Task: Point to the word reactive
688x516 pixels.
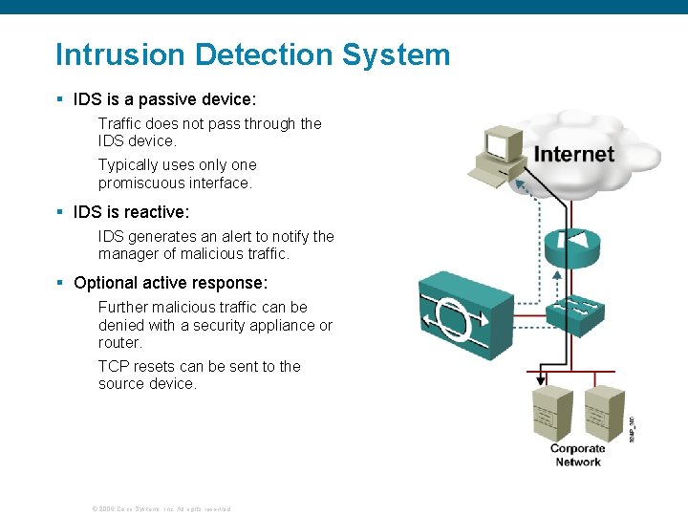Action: point(155,212)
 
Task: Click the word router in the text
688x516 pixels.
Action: point(118,342)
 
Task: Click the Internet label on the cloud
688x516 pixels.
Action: point(573,154)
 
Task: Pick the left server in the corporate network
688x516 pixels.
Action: point(550,412)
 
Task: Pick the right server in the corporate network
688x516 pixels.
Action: point(604,412)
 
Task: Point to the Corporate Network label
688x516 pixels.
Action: point(577,455)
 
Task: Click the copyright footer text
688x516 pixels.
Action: point(161,508)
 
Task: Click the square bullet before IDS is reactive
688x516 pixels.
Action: point(59,213)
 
